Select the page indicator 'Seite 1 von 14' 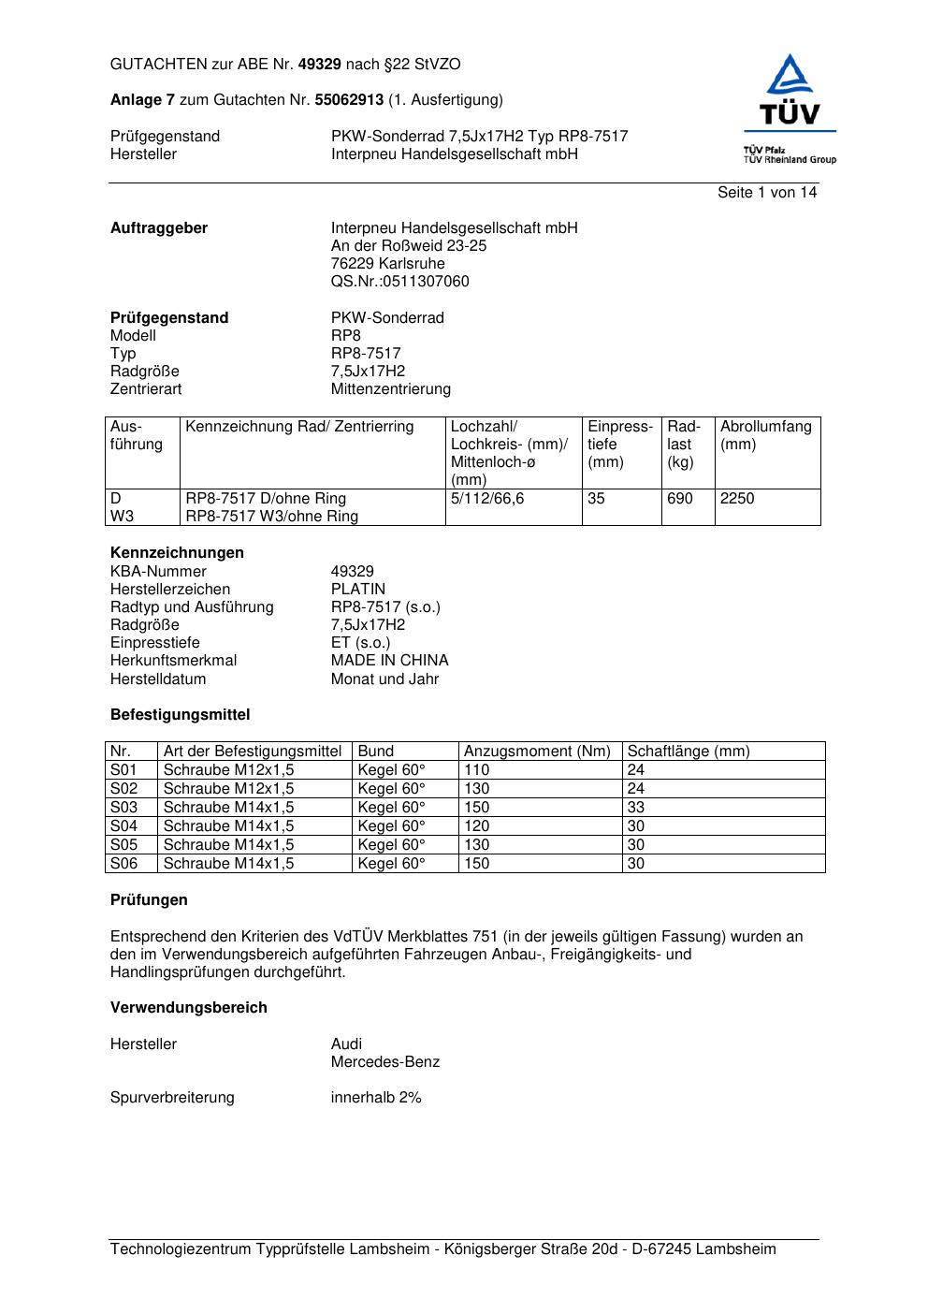pyautogui.click(x=766, y=193)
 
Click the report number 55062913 pyautogui.click(x=349, y=100)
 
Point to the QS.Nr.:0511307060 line pyautogui.click(x=399, y=282)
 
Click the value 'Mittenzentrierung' pyautogui.click(x=390, y=389)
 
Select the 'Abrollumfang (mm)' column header pyautogui.click(x=765, y=435)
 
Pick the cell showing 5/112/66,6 pyautogui.click(x=487, y=499)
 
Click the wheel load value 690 pyautogui.click(x=680, y=499)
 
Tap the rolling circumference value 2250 pyautogui.click(x=737, y=499)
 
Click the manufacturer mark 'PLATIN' pyautogui.click(x=357, y=590)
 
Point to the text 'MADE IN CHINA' pyautogui.click(x=389, y=661)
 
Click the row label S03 pyautogui.click(x=123, y=808)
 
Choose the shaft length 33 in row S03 pyautogui.click(x=636, y=808)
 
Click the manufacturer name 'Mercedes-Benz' pyautogui.click(x=384, y=1062)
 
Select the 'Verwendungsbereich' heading pyautogui.click(x=189, y=1008)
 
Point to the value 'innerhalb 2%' pyautogui.click(x=376, y=1098)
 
